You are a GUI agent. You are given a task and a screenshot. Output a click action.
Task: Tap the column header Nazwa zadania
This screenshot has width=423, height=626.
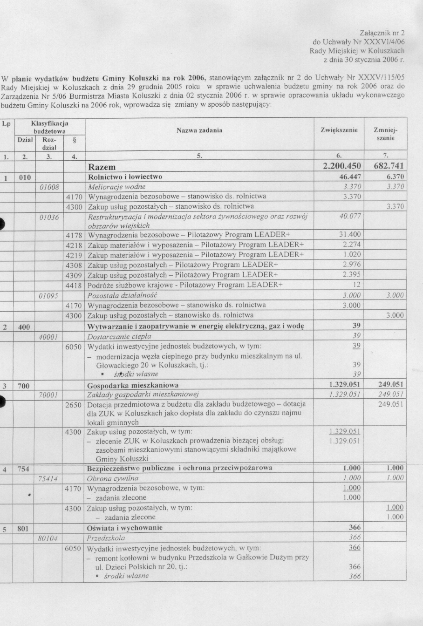point(199,130)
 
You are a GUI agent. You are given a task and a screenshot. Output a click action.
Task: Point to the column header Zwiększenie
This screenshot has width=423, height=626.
point(339,130)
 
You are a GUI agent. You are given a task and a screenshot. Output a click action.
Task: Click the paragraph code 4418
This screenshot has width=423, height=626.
point(75,285)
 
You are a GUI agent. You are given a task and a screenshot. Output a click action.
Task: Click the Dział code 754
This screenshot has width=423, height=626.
point(23,469)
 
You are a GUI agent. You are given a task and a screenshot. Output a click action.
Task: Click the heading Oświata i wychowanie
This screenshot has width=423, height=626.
point(125,528)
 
